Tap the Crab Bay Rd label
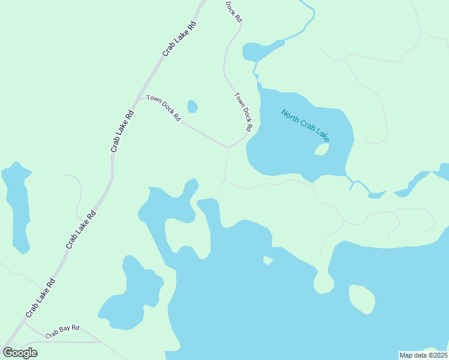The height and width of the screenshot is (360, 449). point(62,329)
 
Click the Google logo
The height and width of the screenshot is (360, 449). point(20,353)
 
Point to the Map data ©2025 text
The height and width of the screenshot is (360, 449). point(423,355)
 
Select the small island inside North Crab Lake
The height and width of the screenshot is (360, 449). point(321,149)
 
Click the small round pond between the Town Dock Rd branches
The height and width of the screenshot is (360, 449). point(192,107)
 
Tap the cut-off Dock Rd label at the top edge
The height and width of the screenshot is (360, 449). point(234,11)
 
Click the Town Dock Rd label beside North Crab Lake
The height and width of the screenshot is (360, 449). point(243,112)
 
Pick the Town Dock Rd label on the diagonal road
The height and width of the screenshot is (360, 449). point(163,107)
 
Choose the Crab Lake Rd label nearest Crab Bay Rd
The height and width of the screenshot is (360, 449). point(40,298)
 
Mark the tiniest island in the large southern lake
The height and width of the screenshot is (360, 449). point(268,260)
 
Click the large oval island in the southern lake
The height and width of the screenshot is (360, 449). point(362,298)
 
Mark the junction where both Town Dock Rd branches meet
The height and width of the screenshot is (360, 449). point(229,146)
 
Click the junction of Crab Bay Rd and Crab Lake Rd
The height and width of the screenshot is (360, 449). point(24,324)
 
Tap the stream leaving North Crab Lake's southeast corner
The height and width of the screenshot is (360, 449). point(357,182)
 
